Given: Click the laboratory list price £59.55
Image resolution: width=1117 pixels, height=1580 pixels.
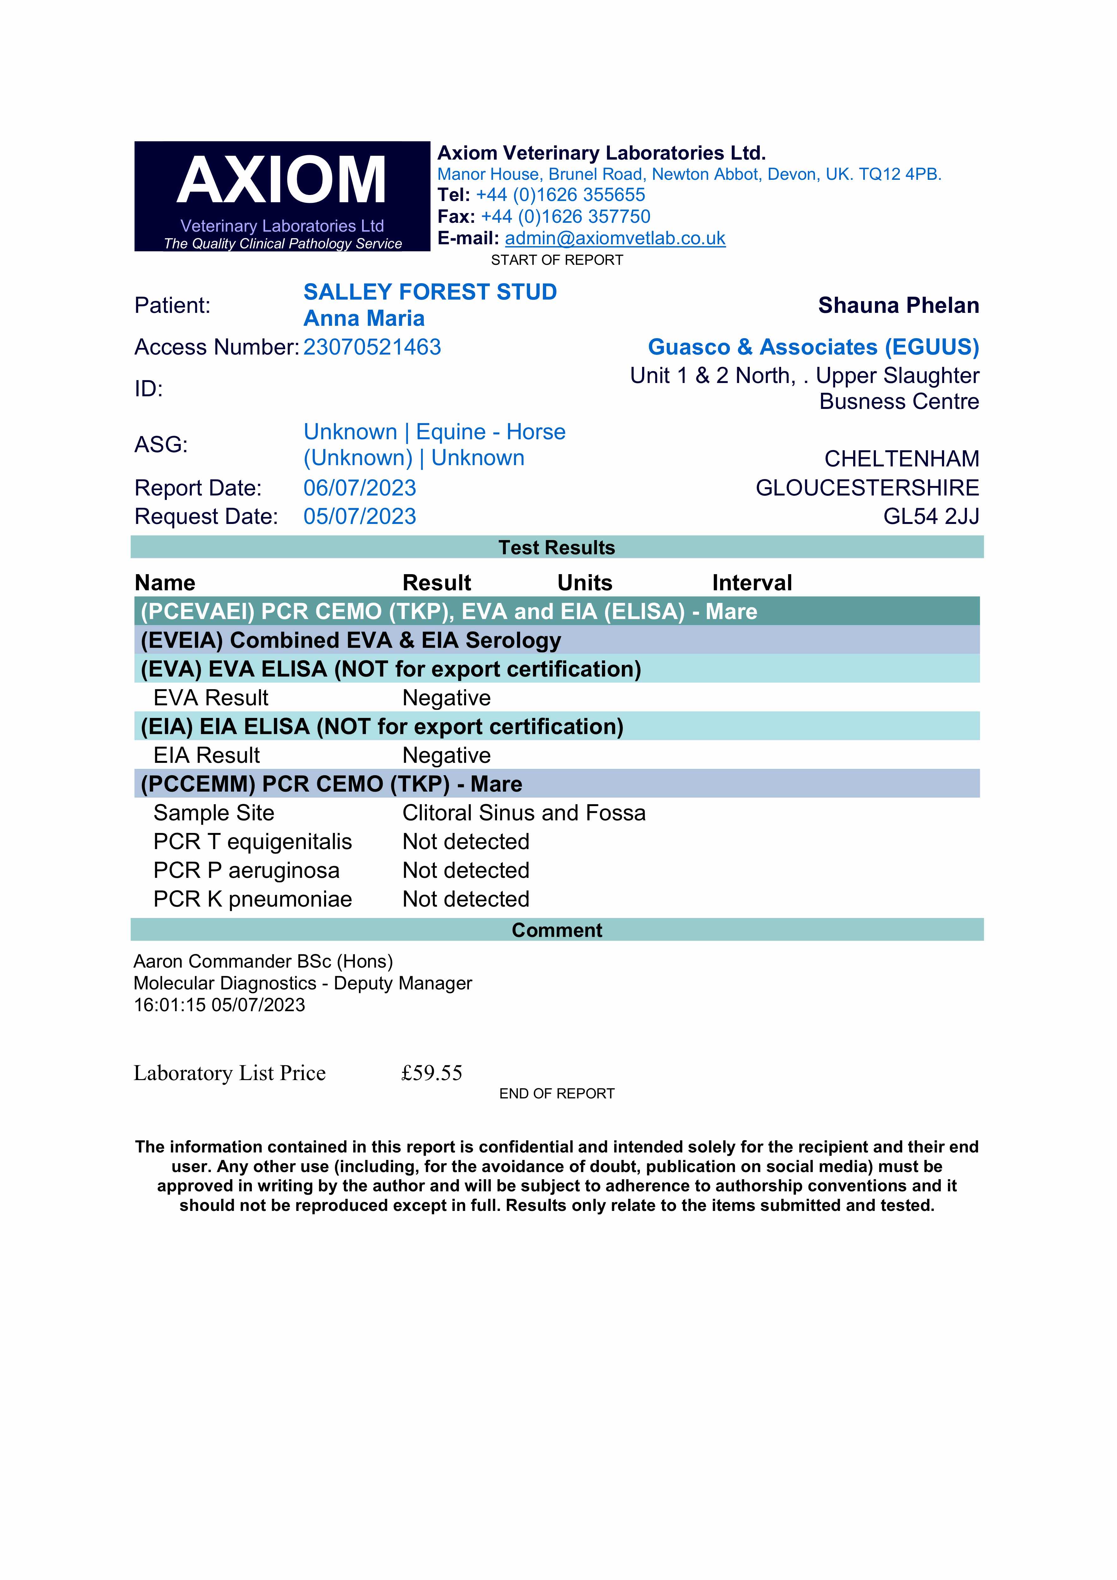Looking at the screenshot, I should [432, 1073].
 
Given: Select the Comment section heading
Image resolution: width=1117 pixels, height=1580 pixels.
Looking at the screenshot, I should [557, 930].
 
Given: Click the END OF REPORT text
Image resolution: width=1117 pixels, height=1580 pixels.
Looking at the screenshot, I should [557, 1093].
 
